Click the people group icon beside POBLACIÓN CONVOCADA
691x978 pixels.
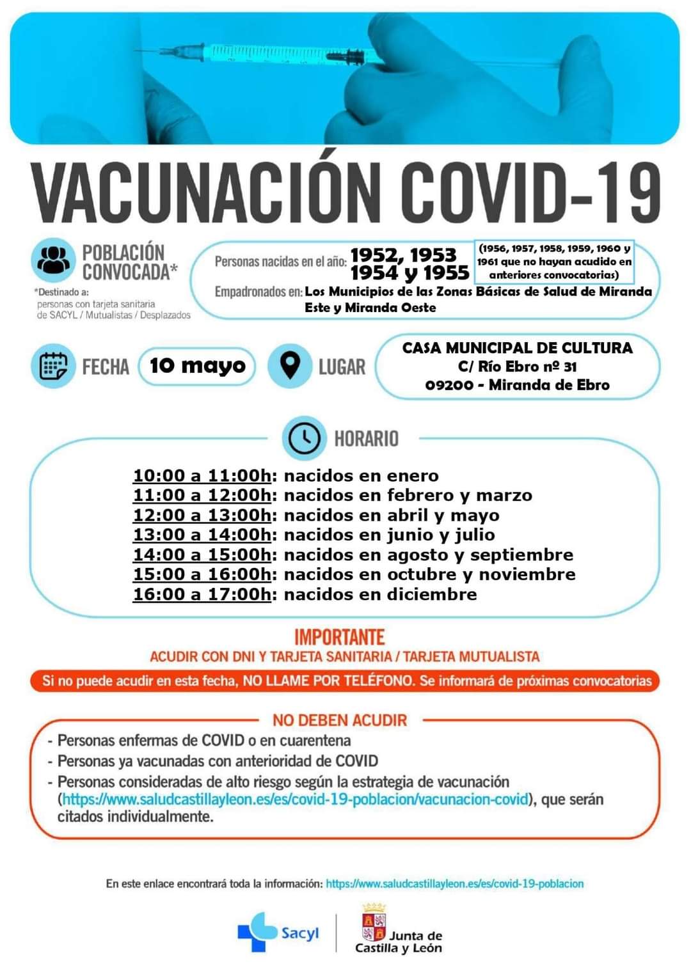pyautogui.click(x=52, y=260)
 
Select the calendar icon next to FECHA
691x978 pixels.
pyautogui.click(x=52, y=366)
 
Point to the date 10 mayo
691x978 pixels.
pyautogui.click(x=197, y=366)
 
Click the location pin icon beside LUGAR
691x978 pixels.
pyautogui.click(x=290, y=366)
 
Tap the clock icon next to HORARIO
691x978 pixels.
pyautogui.click(x=304, y=438)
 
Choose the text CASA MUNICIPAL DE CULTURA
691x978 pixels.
pyautogui.click(x=517, y=348)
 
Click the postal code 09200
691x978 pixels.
pyautogui.click(x=449, y=385)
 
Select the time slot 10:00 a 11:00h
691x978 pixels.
pyautogui.click(x=202, y=476)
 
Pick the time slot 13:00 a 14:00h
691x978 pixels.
pyautogui.click(x=202, y=535)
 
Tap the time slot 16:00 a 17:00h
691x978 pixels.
pyautogui.click(x=202, y=594)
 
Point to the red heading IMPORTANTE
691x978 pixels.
pyautogui.click(x=340, y=637)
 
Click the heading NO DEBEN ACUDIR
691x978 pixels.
pyautogui.click(x=340, y=720)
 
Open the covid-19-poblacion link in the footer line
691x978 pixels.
pyautogui.click(x=454, y=883)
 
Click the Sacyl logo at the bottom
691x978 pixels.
pyautogui.click(x=278, y=933)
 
